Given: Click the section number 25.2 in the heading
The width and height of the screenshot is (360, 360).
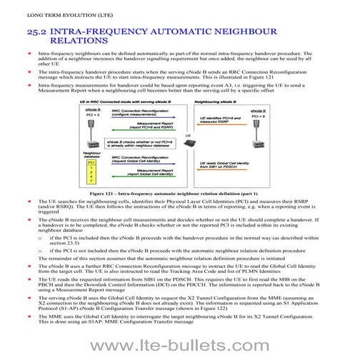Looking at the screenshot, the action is click(x=40, y=33).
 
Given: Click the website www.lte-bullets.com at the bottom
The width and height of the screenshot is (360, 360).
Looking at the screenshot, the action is click(x=179, y=346).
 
